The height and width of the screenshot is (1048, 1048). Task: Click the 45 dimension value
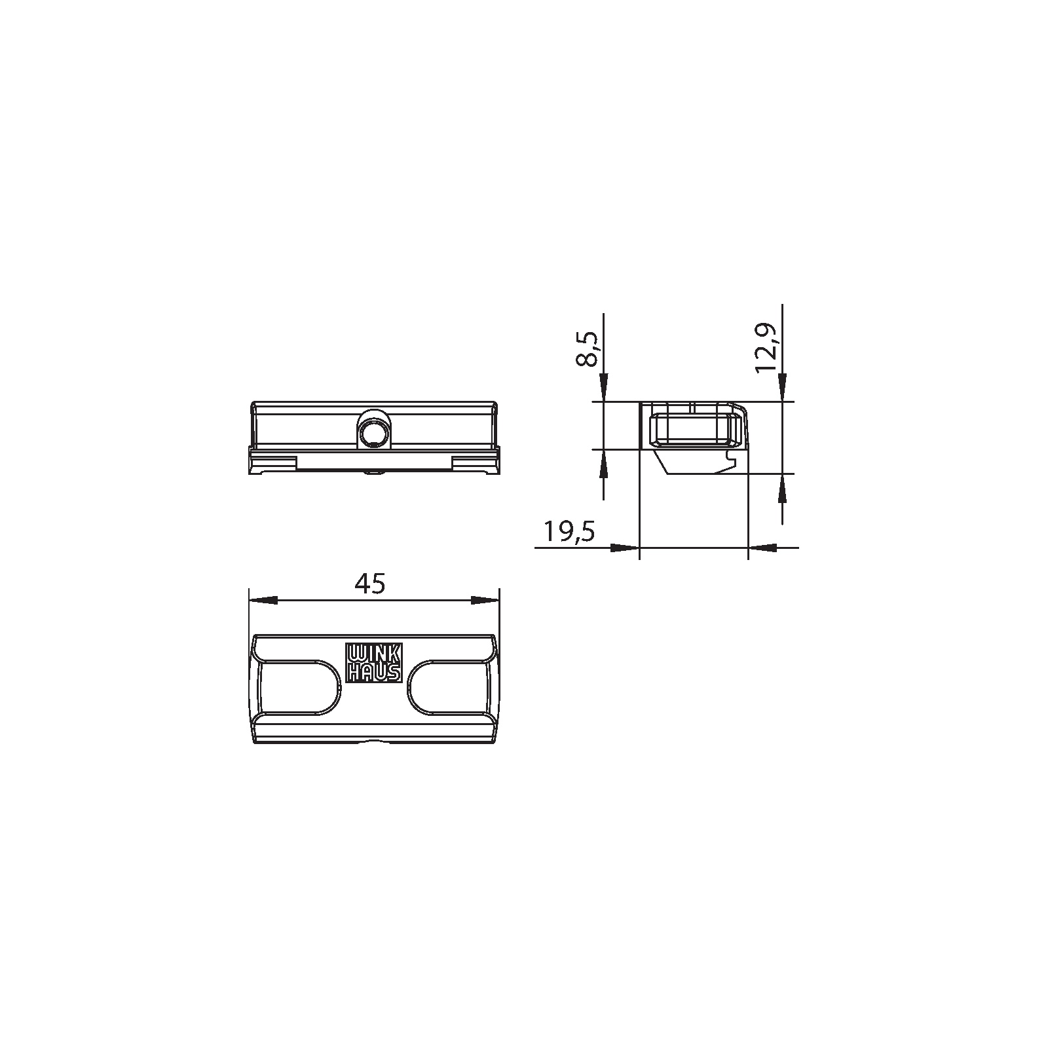click(x=369, y=583)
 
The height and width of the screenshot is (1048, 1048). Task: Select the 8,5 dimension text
click(x=588, y=348)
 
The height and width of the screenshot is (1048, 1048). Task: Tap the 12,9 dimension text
click(x=766, y=348)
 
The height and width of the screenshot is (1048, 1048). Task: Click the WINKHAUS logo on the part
click(x=373, y=663)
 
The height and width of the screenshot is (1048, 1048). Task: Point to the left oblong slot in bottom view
click(x=299, y=687)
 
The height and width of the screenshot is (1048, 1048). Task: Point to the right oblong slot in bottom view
click(x=449, y=687)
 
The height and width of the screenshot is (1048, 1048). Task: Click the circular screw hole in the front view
click(x=373, y=434)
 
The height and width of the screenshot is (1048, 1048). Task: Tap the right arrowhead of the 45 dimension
click(x=485, y=600)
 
